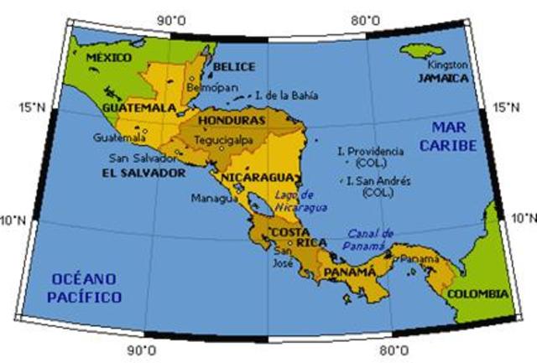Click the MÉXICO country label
click(110, 57)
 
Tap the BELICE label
click(234, 66)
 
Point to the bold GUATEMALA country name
click(137, 109)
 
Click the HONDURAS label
click(232, 122)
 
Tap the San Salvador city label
click(143, 158)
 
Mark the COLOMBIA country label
click(477, 294)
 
